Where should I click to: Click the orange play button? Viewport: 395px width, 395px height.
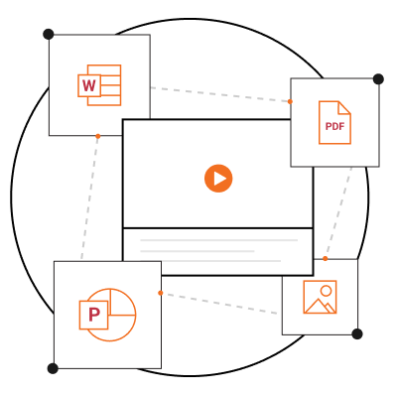pos(218,179)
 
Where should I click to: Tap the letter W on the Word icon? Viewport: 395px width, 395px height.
pos(89,85)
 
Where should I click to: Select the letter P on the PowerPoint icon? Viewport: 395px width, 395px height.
pos(94,315)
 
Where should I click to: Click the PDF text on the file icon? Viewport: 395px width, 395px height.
pos(334,126)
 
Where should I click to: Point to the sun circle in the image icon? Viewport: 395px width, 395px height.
pos(326,291)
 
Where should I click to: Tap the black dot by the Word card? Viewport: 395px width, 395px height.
pos(49,34)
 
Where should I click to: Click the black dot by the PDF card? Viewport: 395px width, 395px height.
pos(378,79)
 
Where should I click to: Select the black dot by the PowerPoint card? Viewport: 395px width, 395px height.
pos(53,368)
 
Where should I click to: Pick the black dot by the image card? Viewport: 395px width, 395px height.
pos(357,334)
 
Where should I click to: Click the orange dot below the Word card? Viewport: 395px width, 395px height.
pos(98,136)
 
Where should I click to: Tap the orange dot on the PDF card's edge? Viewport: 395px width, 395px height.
pos(290,101)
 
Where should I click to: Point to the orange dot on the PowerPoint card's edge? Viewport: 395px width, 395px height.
pos(161,293)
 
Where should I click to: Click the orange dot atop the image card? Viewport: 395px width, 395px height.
pos(326,258)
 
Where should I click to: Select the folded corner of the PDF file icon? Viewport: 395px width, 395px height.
pos(344,108)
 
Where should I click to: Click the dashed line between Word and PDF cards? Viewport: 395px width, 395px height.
pos(219,94)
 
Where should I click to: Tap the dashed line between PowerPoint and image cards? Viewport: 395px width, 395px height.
pos(221,304)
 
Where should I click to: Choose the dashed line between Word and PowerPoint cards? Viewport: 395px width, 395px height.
pos(89,198)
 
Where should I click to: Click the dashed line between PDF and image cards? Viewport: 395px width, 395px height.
pos(338,212)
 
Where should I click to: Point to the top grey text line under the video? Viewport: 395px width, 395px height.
pos(219,240)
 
